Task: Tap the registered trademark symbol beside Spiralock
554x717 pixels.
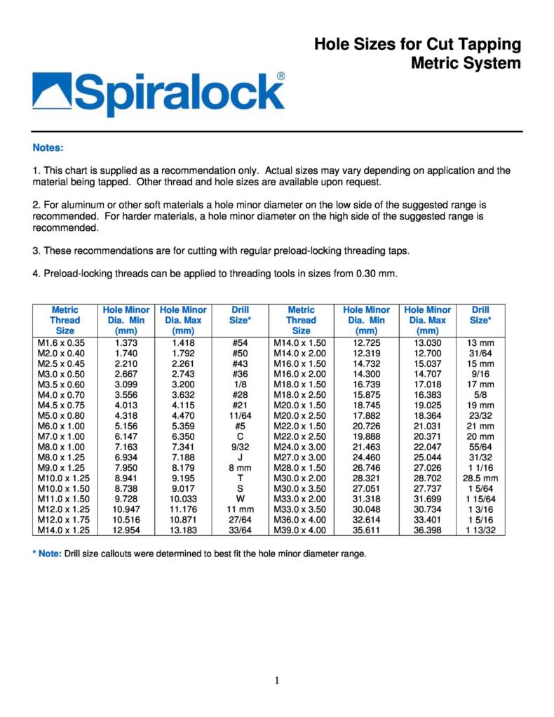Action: pos(281,76)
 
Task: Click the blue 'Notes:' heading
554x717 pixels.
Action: pos(48,148)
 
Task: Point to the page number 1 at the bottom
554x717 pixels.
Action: pos(277,679)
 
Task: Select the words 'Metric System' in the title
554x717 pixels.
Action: pos(466,63)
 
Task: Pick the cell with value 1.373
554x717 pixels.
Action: pos(126,342)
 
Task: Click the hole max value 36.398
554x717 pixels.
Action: pos(428,529)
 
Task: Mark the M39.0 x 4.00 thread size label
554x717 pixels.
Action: pos(301,529)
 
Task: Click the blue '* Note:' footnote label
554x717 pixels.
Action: pos(47,554)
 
